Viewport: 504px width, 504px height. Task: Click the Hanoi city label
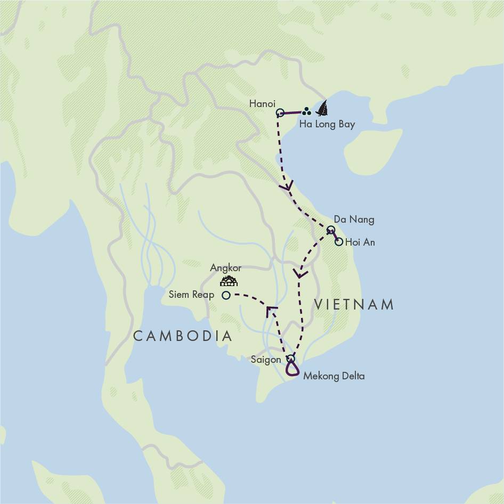click(262, 104)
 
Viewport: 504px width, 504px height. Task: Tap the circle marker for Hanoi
click(280, 112)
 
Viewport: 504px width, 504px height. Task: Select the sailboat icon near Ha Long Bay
click(322, 109)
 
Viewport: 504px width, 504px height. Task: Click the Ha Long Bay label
click(327, 125)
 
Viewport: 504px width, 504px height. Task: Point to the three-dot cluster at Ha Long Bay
click(306, 112)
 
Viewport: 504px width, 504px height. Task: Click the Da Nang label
click(354, 220)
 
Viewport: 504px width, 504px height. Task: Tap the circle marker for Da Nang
click(330, 230)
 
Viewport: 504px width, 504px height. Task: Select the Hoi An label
click(360, 242)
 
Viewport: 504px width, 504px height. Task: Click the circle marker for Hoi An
click(339, 242)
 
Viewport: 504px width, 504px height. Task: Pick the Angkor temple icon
click(229, 281)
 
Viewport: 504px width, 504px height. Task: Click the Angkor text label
click(226, 268)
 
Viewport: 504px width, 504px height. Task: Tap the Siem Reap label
click(191, 295)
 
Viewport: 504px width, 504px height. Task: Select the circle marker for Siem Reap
click(226, 295)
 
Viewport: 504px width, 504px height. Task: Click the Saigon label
click(265, 360)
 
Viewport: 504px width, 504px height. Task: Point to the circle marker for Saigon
click(290, 359)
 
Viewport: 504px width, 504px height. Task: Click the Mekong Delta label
click(334, 376)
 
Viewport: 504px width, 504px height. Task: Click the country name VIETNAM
click(354, 305)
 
